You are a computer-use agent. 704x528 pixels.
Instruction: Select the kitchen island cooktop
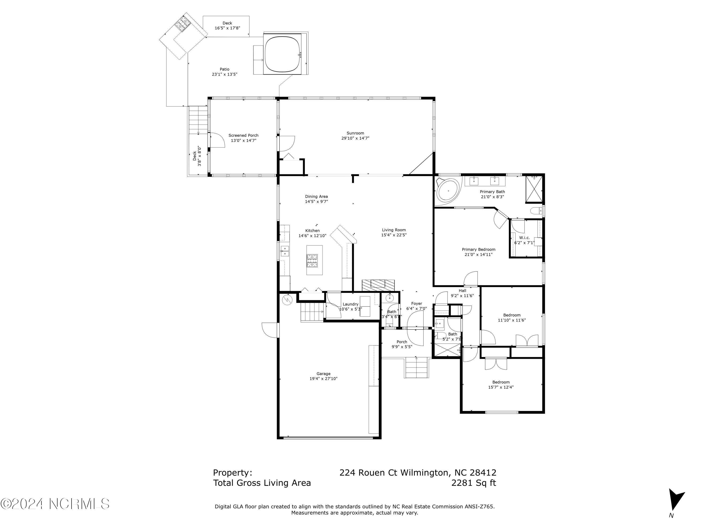coord(312,260)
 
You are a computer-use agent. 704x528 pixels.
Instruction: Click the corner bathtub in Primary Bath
coord(448,190)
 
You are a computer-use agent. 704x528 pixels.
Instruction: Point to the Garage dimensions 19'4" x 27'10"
coord(323,379)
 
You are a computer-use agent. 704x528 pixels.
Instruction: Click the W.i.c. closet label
coord(524,238)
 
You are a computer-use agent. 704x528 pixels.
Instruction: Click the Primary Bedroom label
coord(478,249)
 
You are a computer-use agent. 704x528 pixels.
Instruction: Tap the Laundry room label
coord(350,304)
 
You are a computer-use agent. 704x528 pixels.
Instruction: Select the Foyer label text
coord(416,304)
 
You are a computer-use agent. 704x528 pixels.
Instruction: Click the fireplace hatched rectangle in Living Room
coord(378,284)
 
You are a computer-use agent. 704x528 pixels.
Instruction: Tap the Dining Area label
coord(316,197)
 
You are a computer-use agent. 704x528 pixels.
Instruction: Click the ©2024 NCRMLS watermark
coord(55,504)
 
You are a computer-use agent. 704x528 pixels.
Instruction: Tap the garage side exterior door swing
coord(270,330)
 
